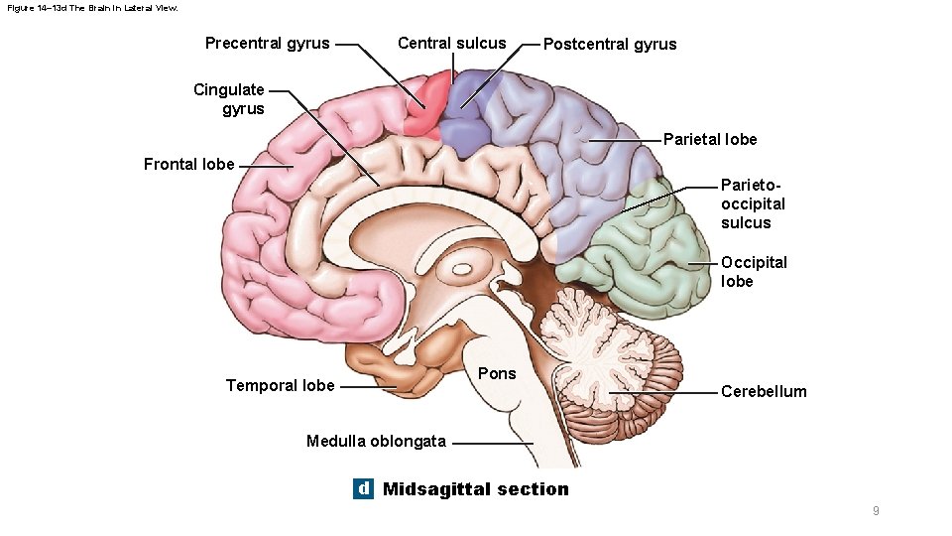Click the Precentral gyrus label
coord(267,44)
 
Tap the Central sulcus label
coord(451,44)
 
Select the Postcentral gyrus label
coord(610,44)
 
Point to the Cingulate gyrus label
coord(229,99)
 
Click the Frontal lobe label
coord(188,165)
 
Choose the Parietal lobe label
coord(709,139)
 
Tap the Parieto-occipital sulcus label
coord(753,203)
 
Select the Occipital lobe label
coord(754,272)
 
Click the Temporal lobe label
coord(280,385)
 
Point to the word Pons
coord(497,373)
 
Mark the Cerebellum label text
coord(764,391)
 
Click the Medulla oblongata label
coord(376,441)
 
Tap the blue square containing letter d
coord(364,488)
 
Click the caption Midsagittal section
coord(476,488)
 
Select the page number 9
coord(876,511)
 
